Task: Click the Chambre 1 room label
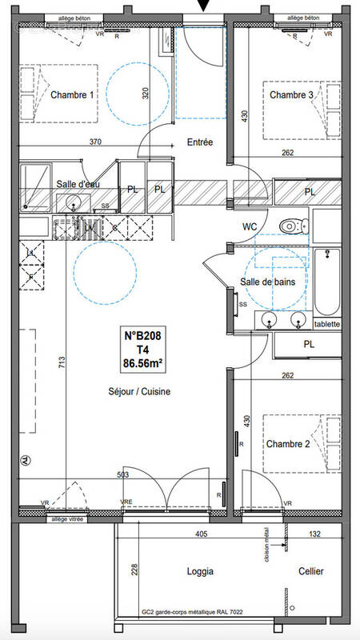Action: [72, 95]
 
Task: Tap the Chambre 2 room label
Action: [289, 443]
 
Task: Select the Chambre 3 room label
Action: [291, 95]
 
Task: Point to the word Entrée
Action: [199, 142]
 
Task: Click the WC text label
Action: [250, 226]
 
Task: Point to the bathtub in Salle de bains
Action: [327, 282]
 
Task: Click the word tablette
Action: [327, 324]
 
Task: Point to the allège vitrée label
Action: [68, 519]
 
